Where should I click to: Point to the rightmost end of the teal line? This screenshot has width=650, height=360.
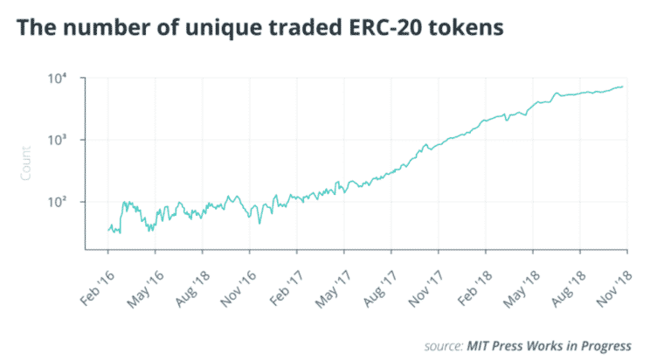click(x=622, y=87)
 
